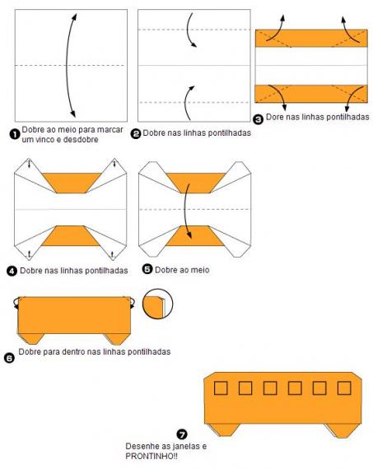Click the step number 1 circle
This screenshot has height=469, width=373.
coord(15,135)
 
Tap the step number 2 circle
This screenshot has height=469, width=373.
coord(136,133)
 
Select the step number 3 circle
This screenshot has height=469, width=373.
coord(258,119)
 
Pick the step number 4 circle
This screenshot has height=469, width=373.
coord(12,272)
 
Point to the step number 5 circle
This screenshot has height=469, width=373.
coord(147,269)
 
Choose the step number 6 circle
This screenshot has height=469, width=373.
coord(9,358)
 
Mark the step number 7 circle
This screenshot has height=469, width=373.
coord(182,434)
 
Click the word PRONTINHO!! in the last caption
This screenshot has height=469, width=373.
coord(152,457)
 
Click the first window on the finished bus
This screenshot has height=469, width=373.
coord(221,388)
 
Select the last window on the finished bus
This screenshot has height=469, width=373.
coord(344,388)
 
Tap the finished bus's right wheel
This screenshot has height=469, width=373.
coord(342,430)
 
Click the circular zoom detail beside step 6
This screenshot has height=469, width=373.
coord(157,304)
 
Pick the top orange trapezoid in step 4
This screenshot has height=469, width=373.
coord(72,183)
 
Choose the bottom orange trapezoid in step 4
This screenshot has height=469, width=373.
coord(71,236)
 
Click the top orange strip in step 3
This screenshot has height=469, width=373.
coord(311,38)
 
